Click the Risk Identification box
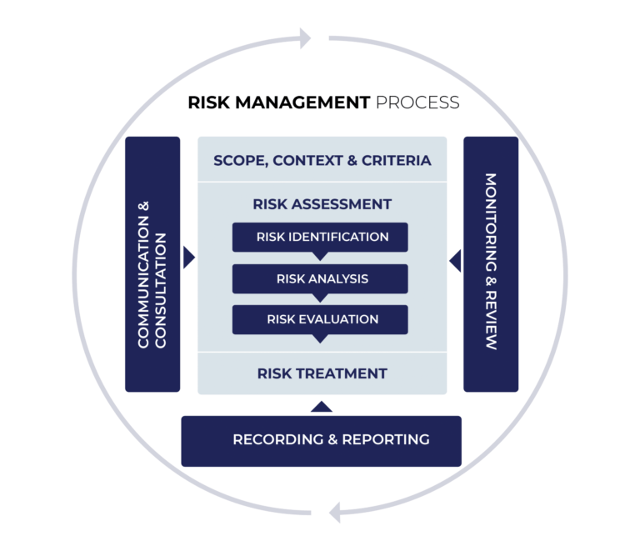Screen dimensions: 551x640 click(x=320, y=237)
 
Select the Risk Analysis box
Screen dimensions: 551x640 click(x=320, y=278)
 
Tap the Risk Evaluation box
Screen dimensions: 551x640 click(x=320, y=319)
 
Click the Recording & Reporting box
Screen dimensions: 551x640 click(x=321, y=440)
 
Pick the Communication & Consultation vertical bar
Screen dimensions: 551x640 click(x=152, y=264)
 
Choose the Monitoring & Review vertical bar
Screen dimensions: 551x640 click(x=490, y=264)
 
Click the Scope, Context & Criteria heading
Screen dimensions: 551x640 click(x=322, y=160)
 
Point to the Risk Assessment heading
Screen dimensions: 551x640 click(x=322, y=204)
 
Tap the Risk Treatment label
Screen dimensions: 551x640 click(x=322, y=373)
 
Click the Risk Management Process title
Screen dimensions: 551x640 click(x=323, y=103)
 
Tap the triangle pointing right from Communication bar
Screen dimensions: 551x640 click(x=188, y=258)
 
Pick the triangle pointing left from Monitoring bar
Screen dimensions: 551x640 click(x=454, y=261)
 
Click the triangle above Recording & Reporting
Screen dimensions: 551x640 click(x=322, y=408)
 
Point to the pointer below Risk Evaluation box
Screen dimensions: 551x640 click(x=320, y=338)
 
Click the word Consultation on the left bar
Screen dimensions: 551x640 click(x=162, y=292)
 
